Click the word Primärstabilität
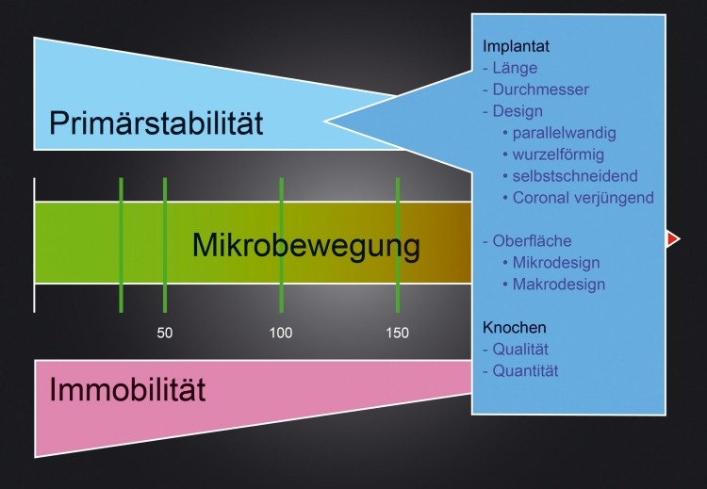tap(156, 122)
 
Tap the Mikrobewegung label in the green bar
tap(306, 246)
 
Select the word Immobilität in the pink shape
tap(127, 389)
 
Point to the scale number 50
tap(165, 333)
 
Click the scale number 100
tap(281, 333)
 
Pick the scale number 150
tap(397, 333)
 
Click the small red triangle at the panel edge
tap(673, 238)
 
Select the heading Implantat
tap(516, 46)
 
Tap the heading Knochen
tap(515, 327)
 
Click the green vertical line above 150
tap(398, 245)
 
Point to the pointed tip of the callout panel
tap(324, 121)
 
